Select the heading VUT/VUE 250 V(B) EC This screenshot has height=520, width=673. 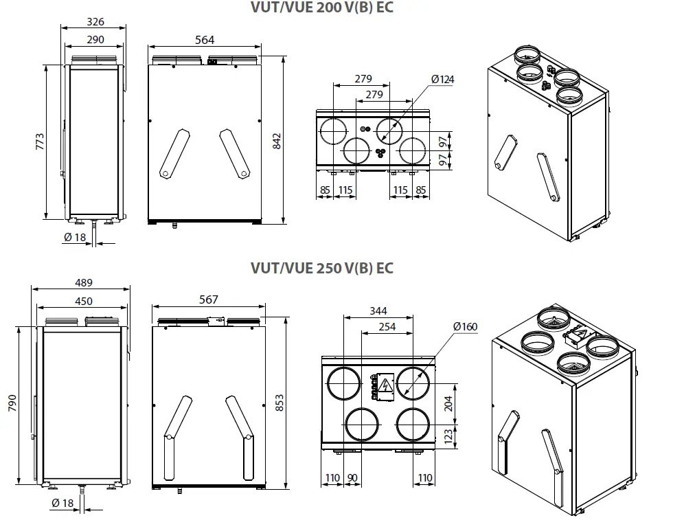click(322, 268)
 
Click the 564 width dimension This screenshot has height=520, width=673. click(205, 40)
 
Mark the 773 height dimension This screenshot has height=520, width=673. click(40, 142)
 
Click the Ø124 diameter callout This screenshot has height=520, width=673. click(443, 80)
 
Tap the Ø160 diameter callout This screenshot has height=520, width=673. click(465, 326)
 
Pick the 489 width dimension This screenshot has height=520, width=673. click(83, 282)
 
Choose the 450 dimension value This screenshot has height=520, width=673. click(83, 301)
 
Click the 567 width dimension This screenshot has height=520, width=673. click(207, 299)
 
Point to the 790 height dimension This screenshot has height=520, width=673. click(12, 403)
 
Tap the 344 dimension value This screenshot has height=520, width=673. click(378, 311)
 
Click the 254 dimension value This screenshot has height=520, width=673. click(387, 327)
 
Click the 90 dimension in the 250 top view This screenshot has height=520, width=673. click(353, 477)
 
